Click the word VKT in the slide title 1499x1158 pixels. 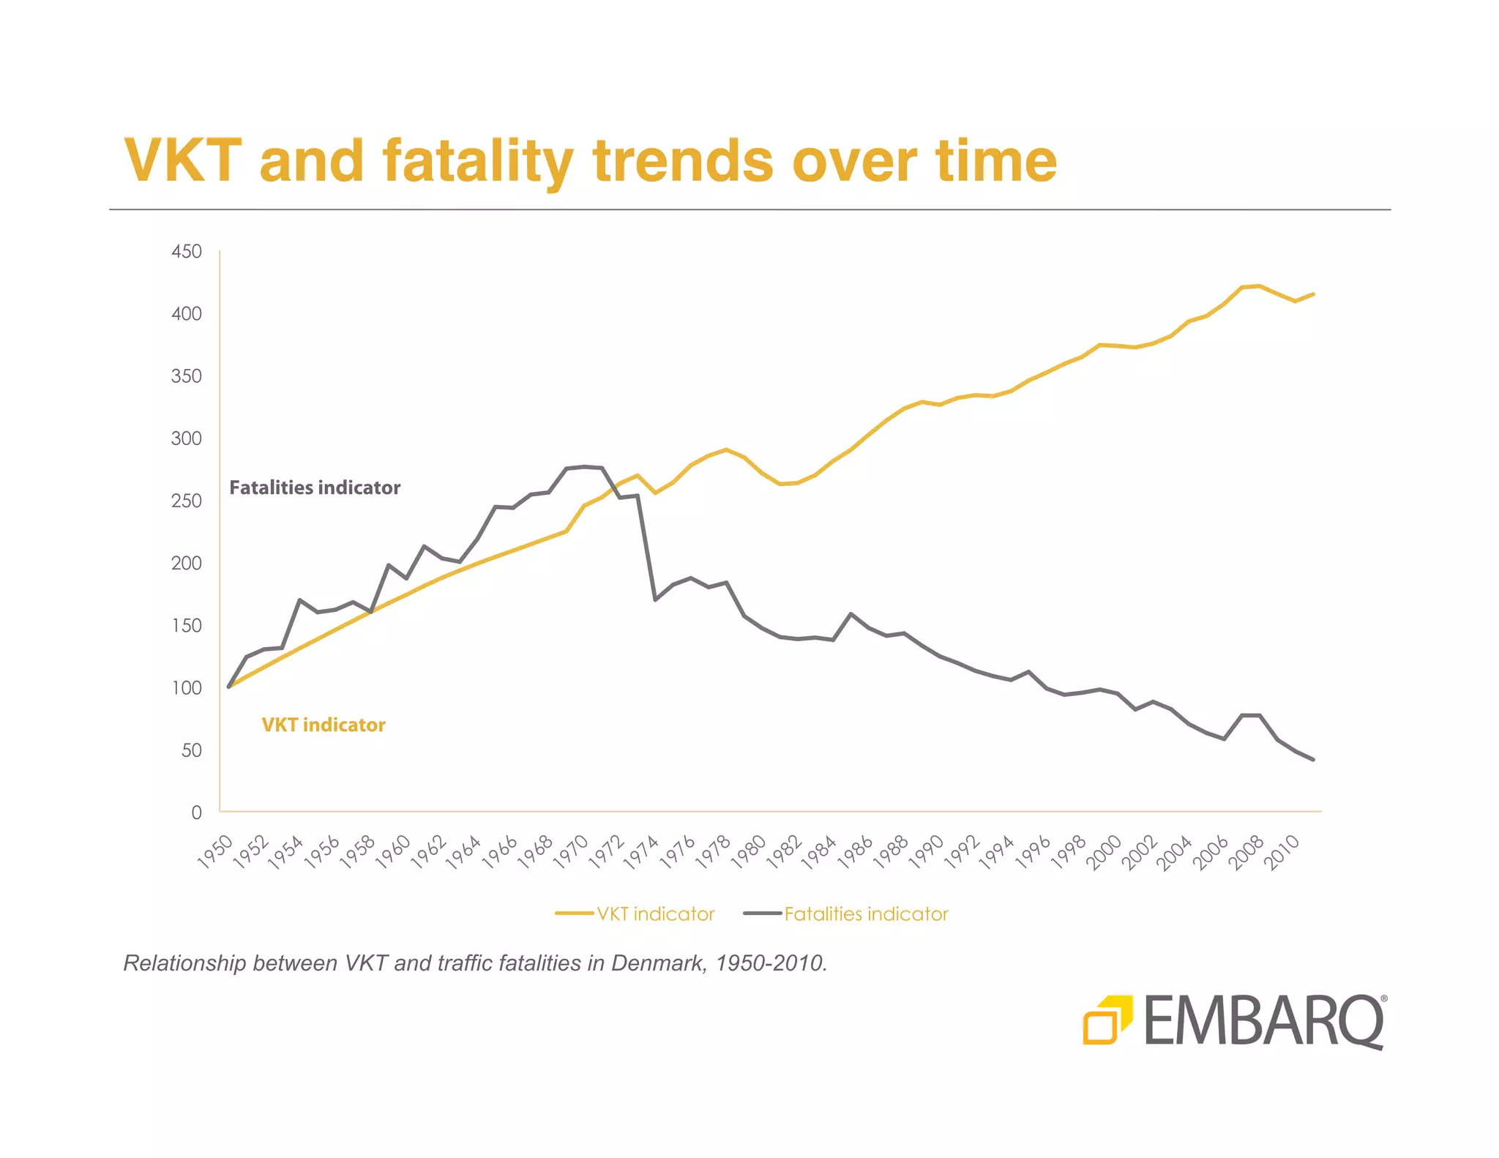[x=183, y=160]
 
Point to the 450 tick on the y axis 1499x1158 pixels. [x=186, y=252]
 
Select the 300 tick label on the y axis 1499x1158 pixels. [x=186, y=438]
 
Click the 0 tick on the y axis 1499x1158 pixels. [x=196, y=813]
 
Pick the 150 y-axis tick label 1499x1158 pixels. [x=186, y=626]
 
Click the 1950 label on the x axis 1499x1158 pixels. [x=216, y=852]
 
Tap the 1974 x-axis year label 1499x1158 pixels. [x=642, y=852]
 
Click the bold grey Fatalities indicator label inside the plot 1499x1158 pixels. [x=315, y=488]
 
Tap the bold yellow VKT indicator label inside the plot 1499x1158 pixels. [x=324, y=725]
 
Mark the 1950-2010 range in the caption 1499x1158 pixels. [x=771, y=963]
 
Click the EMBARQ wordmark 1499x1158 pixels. [x=1263, y=1022]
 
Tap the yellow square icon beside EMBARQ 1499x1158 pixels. [x=1107, y=1019]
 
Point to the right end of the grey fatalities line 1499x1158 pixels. [x=1313, y=760]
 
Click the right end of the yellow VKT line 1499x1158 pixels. [x=1313, y=294]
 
